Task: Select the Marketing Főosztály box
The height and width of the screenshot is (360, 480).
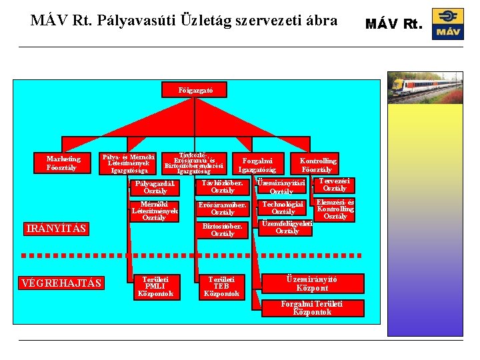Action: point(63,163)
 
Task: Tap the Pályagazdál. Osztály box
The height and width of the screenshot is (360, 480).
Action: point(155,187)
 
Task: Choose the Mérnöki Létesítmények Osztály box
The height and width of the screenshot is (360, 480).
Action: point(155,211)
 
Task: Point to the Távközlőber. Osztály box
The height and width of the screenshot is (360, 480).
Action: point(223,187)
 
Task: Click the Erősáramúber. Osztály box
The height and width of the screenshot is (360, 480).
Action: point(223,209)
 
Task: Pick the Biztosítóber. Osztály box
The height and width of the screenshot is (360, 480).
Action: point(223,230)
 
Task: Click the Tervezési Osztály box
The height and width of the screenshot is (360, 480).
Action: point(335,185)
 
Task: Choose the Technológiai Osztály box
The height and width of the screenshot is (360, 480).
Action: point(283,208)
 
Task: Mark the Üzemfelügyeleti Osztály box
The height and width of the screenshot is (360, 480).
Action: point(287,227)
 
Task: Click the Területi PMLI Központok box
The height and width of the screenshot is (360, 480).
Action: point(155,286)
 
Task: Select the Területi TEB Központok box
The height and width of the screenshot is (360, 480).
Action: point(222,286)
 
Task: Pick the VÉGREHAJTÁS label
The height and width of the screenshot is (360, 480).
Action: point(61,283)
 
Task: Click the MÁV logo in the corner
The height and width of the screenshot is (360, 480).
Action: point(447,24)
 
